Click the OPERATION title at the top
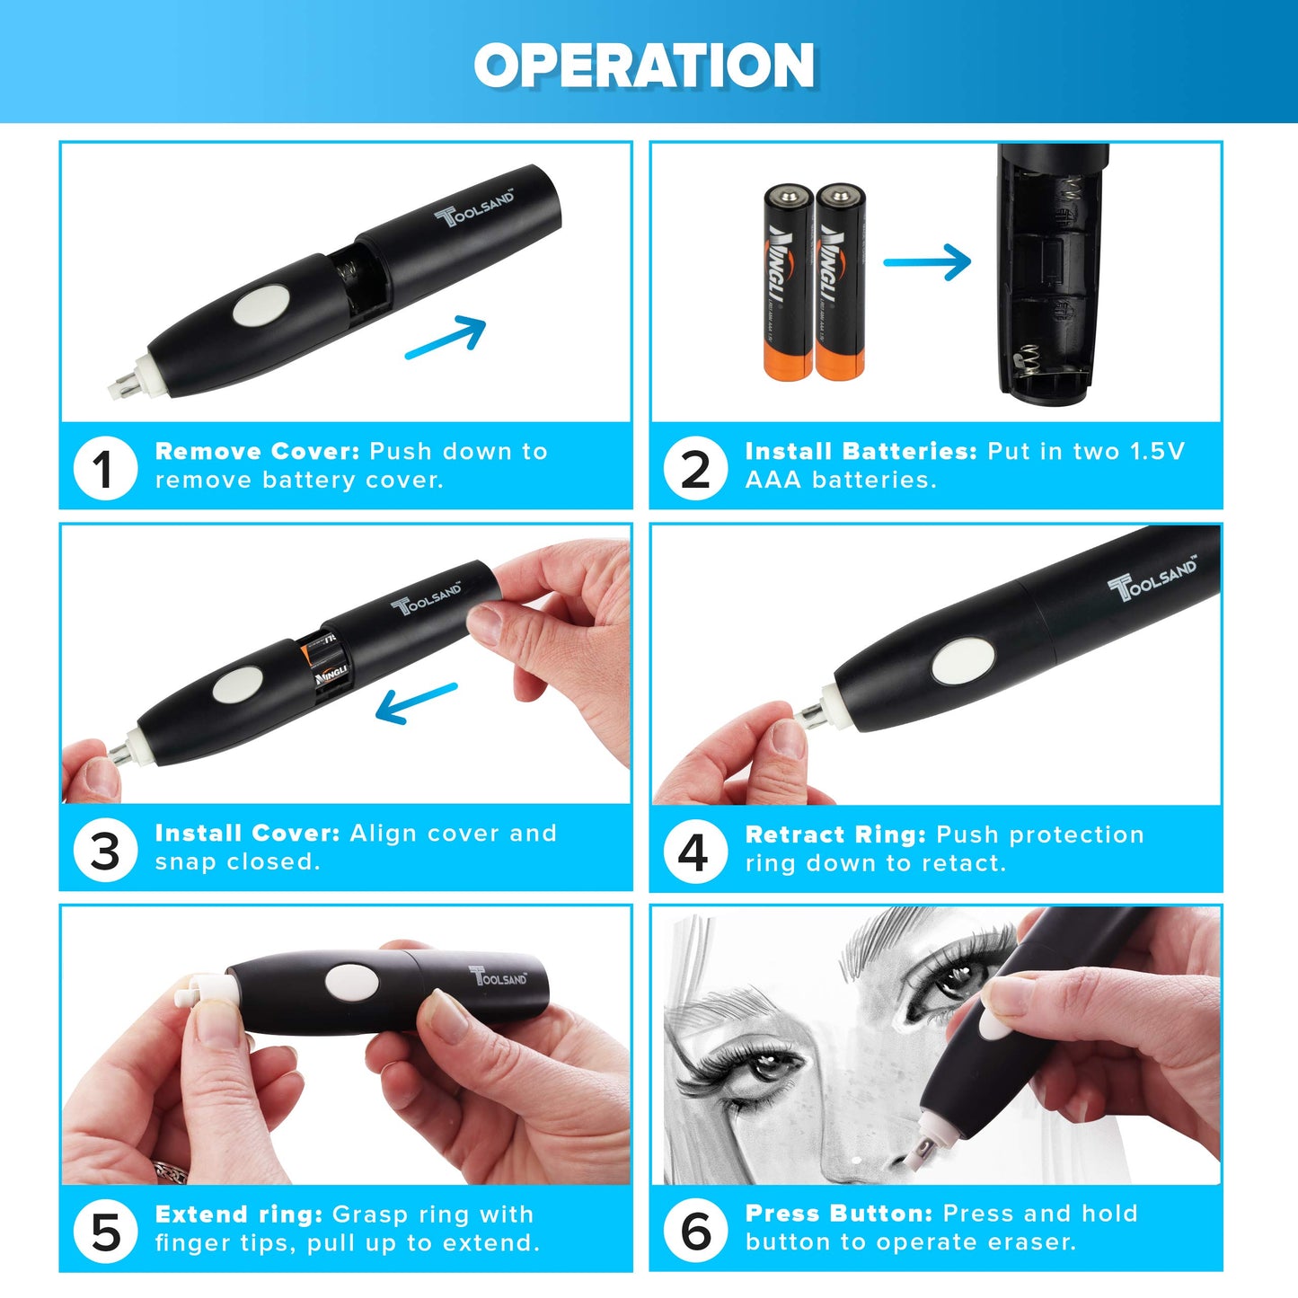click(x=644, y=66)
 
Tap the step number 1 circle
click(x=105, y=469)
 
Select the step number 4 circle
click(x=695, y=852)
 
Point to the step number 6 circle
click(x=695, y=1231)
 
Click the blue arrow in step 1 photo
click(x=446, y=338)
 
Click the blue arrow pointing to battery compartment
click(x=928, y=262)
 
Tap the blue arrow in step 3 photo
click(x=415, y=702)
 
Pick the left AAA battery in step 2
click(x=788, y=282)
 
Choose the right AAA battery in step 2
click(x=840, y=282)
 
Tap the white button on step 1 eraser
click(x=261, y=306)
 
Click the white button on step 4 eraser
click(x=963, y=661)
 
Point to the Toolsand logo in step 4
click(x=1152, y=578)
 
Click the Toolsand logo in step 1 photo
click(x=475, y=208)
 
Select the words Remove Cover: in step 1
click(x=256, y=451)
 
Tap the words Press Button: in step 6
click(x=839, y=1214)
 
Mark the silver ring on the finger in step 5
click(x=171, y=1171)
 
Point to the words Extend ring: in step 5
click(x=238, y=1214)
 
